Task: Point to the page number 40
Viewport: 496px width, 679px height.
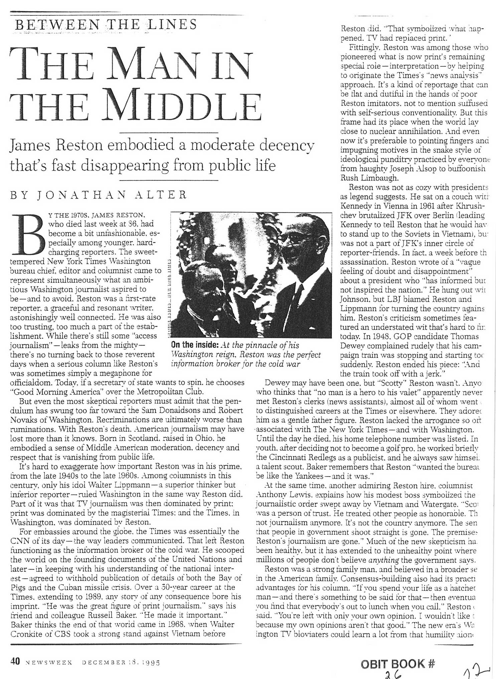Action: tap(15, 661)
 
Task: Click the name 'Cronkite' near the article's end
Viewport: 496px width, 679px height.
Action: tap(25, 633)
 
